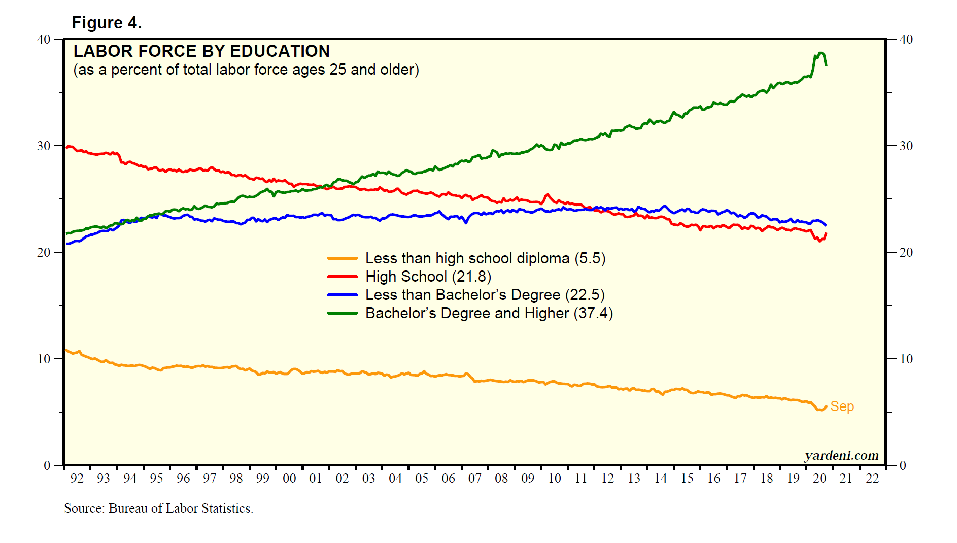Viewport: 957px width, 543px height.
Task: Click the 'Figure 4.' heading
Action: [x=107, y=23]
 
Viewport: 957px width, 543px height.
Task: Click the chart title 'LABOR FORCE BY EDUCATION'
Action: [x=201, y=51]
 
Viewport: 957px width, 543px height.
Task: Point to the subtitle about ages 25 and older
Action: [x=246, y=70]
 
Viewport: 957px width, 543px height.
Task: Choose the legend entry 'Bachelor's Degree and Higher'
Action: [x=489, y=313]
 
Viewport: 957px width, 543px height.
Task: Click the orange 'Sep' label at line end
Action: [x=842, y=406]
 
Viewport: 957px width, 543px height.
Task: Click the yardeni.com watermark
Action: [x=841, y=455]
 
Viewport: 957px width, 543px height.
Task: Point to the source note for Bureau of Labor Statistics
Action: [x=158, y=508]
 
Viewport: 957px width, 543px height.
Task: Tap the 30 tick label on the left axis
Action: [x=44, y=146]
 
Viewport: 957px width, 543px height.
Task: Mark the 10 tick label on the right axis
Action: [x=906, y=359]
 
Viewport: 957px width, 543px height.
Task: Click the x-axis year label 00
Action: [x=289, y=478]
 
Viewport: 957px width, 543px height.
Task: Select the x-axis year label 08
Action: [x=501, y=478]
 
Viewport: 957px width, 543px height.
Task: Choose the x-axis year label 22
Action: [x=872, y=478]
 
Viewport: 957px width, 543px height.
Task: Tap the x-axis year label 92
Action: [x=77, y=478]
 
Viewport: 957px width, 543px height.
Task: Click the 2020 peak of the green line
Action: [x=821, y=53]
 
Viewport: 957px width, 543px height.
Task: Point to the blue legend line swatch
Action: [x=343, y=295]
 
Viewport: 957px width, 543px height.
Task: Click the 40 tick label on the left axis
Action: [x=44, y=39]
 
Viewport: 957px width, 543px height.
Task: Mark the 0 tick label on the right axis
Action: [x=903, y=465]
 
